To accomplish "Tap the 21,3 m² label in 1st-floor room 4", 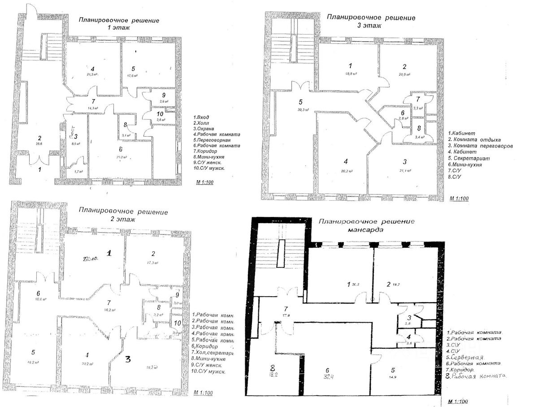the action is click(x=92, y=75).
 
